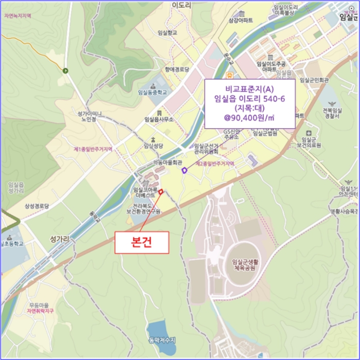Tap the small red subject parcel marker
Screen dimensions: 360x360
coord(161,192)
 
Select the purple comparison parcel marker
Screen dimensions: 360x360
coord(185,171)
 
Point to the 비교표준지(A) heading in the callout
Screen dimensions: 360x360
coord(249,88)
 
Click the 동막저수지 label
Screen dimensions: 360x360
coord(162,340)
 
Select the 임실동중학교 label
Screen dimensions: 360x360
coord(153,93)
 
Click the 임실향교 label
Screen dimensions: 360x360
coord(168,32)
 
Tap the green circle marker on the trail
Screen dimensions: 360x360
coord(65,70)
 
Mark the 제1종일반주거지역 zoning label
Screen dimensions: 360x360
coord(93,149)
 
